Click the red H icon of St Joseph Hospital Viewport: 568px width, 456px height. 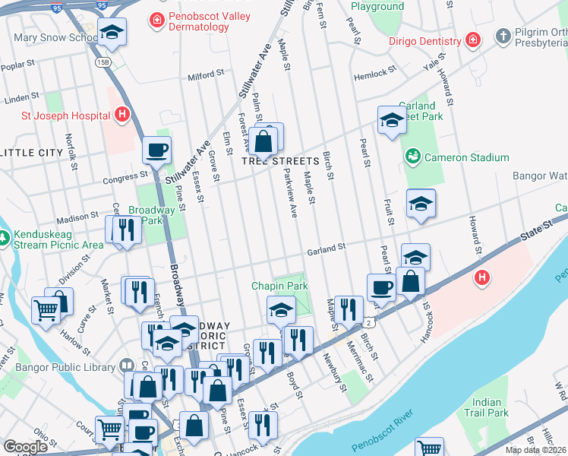tap(121, 116)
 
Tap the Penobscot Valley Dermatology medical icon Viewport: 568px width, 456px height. tap(156, 18)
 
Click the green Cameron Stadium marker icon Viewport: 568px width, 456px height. tap(412, 157)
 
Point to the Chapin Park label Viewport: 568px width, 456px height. tap(280, 286)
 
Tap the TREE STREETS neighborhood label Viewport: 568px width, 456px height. tap(280, 161)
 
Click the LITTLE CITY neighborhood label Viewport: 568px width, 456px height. tap(32, 153)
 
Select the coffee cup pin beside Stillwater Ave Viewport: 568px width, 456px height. tap(156, 150)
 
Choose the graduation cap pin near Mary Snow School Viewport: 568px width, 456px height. tap(112, 31)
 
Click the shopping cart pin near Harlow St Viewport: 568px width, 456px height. tap(46, 310)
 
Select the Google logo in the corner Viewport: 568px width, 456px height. tap(25, 447)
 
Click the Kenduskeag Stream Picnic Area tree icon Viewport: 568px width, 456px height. tap(5, 239)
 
